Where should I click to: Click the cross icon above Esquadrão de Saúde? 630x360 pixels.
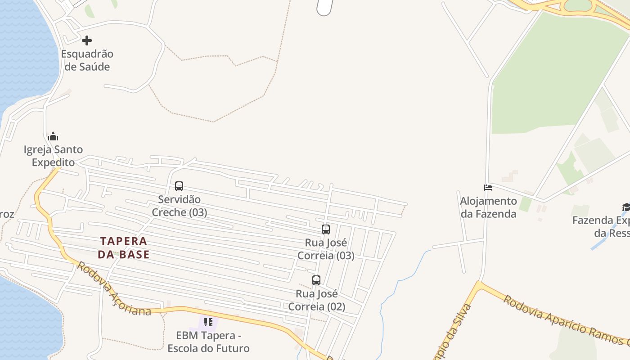[x=87, y=40]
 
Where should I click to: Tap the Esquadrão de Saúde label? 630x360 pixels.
[x=87, y=60]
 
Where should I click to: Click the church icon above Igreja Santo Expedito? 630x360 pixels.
[x=53, y=136]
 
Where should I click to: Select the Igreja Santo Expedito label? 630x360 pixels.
[x=53, y=156]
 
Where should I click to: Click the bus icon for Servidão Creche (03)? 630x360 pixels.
[x=179, y=186]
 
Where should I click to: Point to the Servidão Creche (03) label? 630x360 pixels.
[x=180, y=206]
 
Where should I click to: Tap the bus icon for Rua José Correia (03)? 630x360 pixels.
[x=326, y=229]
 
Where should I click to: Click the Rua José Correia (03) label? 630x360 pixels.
[x=326, y=249]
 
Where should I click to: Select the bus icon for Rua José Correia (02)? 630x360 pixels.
[x=316, y=280]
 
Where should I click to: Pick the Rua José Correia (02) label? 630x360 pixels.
[x=317, y=300]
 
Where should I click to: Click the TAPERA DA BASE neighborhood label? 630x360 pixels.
[x=124, y=248]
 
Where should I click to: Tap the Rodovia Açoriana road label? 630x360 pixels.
[x=113, y=289]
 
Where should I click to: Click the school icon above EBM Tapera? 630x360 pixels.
[x=208, y=322]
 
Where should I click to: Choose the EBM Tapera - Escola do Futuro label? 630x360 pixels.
[x=208, y=342]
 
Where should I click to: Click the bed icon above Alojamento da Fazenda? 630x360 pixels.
[x=488, y=187]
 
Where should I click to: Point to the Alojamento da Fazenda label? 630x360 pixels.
[x=488, y=207]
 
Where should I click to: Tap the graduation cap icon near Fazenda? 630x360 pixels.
[x=626, y=207]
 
